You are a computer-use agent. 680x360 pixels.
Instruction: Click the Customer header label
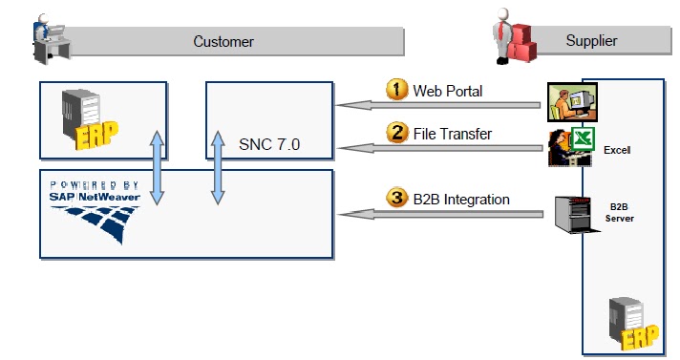(223, 41)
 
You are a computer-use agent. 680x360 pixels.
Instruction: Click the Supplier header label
(591, 40)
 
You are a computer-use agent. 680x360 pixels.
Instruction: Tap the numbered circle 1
(397, 90)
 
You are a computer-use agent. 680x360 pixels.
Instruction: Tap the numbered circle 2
(397, 134)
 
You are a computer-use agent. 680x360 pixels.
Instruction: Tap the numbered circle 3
(397, 199)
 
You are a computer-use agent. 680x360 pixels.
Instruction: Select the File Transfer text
(453, 135)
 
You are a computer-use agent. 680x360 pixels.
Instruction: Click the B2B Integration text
(461, 200)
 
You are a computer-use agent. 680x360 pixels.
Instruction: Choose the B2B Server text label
(619, 212)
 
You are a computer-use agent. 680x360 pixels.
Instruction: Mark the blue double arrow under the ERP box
(158, 170)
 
